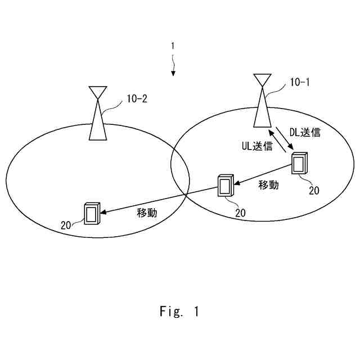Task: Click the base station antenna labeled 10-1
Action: click(x=261, y=107)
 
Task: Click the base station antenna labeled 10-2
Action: click(x=97, y=118)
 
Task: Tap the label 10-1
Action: click(x=299, y=83)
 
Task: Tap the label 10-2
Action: click(x=137, y=99)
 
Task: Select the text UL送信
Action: click(x=254, y=147)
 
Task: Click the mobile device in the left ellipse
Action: click(x=92, y=213)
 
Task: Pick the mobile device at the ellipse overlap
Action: click(x=226, y=185)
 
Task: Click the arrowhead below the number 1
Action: click(x=173, y=73)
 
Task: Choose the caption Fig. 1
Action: click(x=178, y=311)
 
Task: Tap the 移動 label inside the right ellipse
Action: click(x=268, y=184)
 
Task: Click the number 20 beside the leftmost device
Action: click(x=66, y=225)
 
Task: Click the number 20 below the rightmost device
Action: click(x=314, y=190)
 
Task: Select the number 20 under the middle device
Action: click(x=240, y=213)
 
